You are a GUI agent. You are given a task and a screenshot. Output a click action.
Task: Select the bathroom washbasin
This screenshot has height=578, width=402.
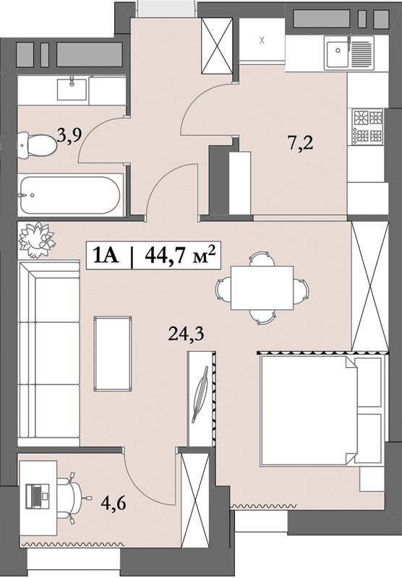click(72, 90)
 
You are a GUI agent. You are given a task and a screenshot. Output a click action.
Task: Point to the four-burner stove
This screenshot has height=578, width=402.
click(367, 125)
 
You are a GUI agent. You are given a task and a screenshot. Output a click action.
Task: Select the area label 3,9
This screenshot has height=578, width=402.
click(69, 134)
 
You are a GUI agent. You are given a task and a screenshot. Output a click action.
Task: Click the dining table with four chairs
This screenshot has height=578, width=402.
click(262, 288)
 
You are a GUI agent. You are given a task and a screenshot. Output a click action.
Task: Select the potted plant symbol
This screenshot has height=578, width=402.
click(34, 236)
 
